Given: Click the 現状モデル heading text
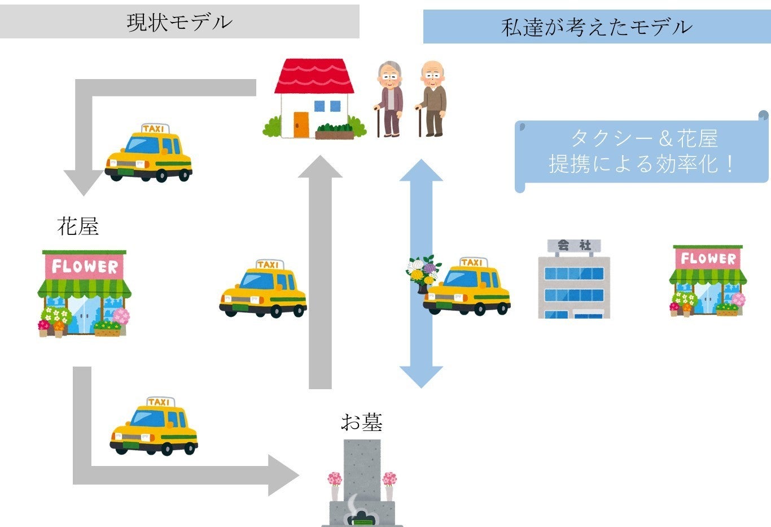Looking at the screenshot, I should [x=179, y=22].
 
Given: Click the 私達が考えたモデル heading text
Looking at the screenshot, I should [x=596, y=27].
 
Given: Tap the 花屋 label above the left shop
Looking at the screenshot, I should [x=78, y=227].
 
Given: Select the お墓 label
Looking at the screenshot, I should [x=362, y=422].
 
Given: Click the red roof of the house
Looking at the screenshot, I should [x=314, y=75].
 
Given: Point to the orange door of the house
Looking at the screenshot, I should [x=301, y=124].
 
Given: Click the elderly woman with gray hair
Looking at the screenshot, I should [x=390, y=99].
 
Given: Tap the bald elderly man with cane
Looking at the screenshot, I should [x=432, y=99].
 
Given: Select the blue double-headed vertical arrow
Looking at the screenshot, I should [x=421, y=273].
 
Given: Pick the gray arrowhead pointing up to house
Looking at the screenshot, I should [x=320, y=167].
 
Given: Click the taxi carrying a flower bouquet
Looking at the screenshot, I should [x=467, y=286].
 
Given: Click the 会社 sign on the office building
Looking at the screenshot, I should [x=574, y=246].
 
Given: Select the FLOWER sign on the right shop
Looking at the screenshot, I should [x=708, y=258].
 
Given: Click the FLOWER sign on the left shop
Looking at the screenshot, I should [x=85, y=266].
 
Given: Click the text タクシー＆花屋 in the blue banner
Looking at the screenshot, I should [x=643, y=138].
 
